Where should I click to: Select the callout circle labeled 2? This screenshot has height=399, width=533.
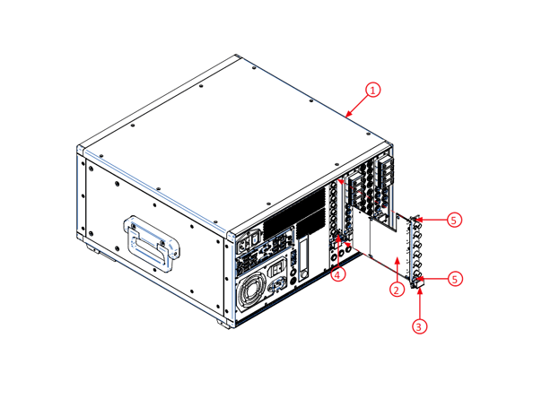(x=395, y=289)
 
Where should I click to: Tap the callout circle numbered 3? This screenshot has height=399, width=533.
(x=419, y=326)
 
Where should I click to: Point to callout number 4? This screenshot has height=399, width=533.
(x=337, y=274)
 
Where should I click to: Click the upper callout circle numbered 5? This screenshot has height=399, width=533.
(x=455, y=219)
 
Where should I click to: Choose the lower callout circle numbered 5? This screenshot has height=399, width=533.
(x=455, y=279)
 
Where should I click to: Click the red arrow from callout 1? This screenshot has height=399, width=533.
(x=358, y=103)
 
